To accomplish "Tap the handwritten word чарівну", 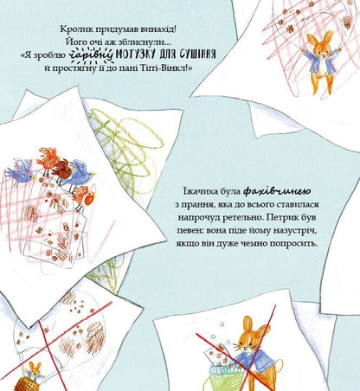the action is point(92,55).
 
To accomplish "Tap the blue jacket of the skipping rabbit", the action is point(322,63).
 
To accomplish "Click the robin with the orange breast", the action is point(85,197).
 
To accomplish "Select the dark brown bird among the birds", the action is point(64,170).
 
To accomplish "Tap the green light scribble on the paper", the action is point(127,144).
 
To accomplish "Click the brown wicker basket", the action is point(26,384).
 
